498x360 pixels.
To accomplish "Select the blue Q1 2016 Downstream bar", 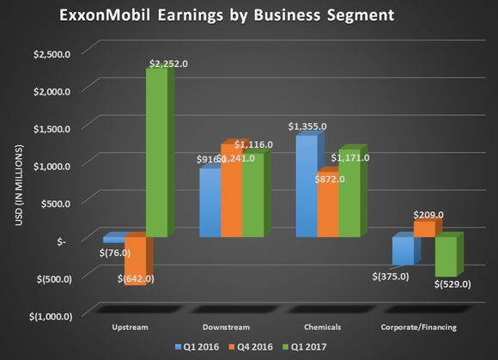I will tap(210, 203).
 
